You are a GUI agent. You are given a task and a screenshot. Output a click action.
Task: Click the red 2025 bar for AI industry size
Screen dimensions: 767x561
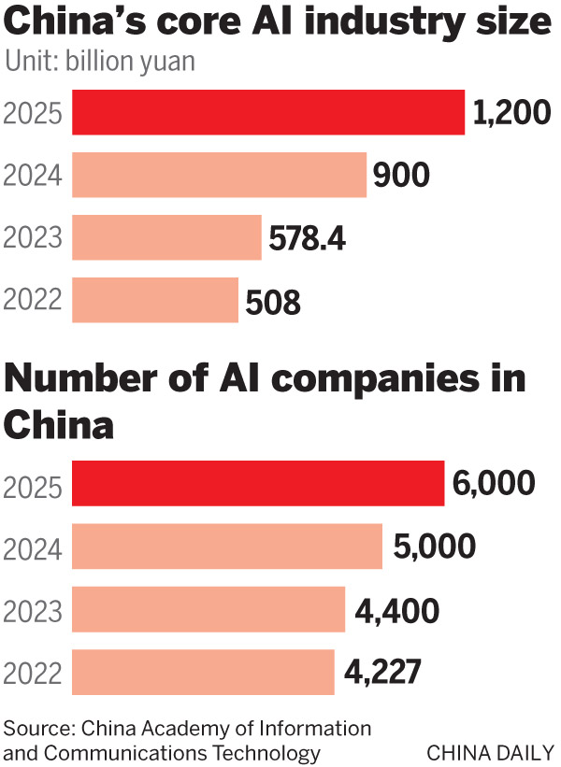(268, 112)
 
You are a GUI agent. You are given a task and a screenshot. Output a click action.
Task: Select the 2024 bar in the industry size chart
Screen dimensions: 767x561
(219, 175)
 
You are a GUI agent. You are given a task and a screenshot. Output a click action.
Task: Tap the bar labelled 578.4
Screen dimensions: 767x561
(166, 237)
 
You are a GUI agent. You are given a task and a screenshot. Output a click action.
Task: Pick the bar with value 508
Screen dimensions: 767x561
(155, 300)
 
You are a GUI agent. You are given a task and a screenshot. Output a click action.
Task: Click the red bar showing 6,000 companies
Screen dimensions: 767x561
(257, 484)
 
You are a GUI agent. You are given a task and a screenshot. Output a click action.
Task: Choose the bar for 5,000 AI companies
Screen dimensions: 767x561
(227, 547)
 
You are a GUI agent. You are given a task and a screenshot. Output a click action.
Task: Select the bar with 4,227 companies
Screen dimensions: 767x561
(203, 672)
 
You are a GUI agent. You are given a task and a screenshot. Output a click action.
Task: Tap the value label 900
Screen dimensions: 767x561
(401, 176)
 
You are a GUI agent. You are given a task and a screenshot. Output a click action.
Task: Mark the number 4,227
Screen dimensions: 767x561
(382, 673)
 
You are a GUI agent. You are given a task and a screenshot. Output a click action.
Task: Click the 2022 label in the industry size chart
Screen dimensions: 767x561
(33, 301)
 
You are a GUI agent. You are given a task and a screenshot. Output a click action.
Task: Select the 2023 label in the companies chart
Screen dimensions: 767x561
(33, 610)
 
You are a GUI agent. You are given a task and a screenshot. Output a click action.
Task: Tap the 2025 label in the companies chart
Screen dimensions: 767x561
(33, 485)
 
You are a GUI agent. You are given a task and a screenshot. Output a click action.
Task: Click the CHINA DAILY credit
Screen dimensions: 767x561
(489, 752)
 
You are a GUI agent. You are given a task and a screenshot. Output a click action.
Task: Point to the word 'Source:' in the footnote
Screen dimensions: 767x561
(39, 728)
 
